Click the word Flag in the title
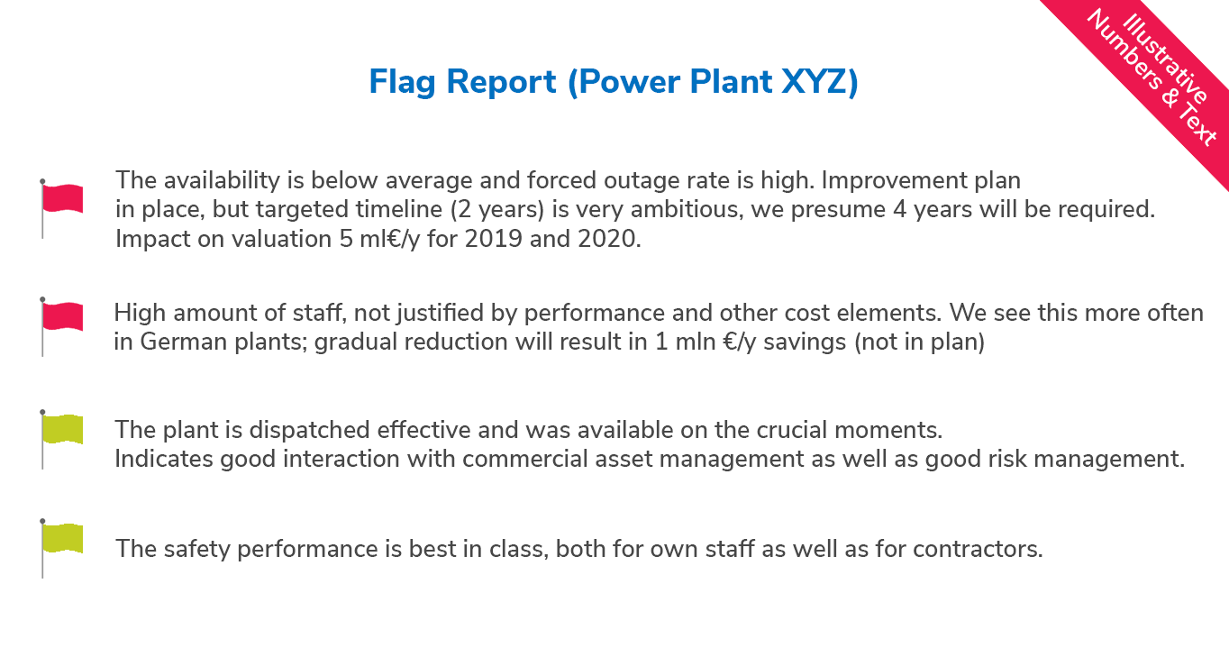(x=402, y=82)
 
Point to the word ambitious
(x=687, y=209)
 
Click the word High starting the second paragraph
(x=140, y=313)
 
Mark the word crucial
(x=792, y=430)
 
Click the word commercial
(x=525, y=459)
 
